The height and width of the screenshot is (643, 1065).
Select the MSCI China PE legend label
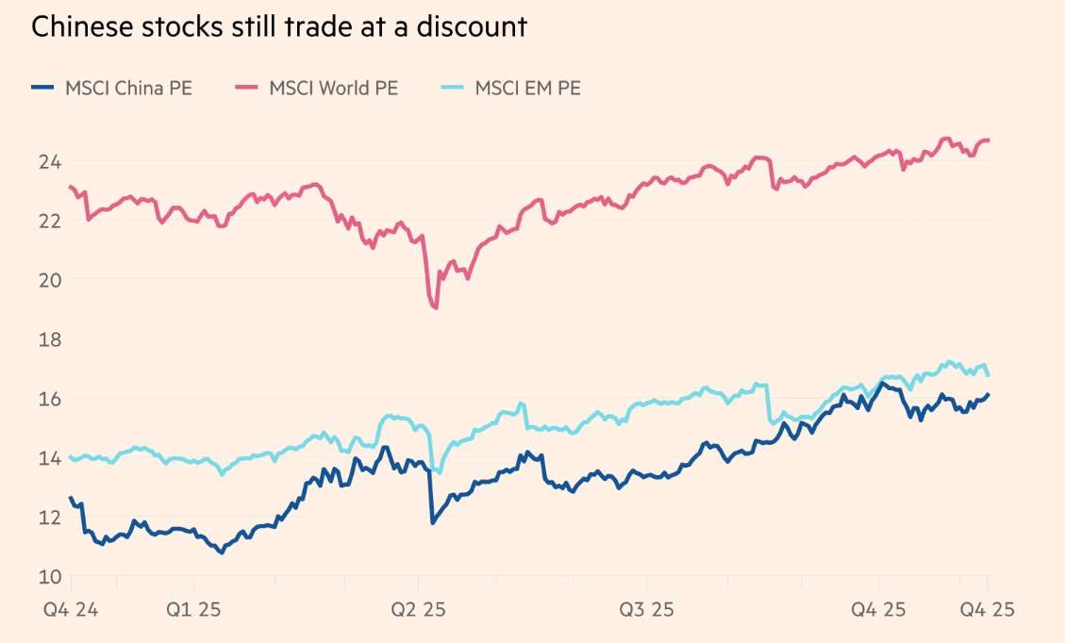tap(128, 89)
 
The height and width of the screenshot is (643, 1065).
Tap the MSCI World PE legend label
tap(333, 89)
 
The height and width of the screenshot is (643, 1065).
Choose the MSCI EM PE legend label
tap(527, 89)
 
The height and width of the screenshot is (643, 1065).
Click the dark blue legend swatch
tap(43, 89)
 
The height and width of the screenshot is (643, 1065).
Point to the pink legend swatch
tap(246, 89)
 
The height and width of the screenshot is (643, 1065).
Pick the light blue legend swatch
tap(453, 89)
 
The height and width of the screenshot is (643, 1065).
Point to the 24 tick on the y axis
tap(48, 162)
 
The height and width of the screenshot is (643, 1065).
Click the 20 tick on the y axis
tap(48, 280)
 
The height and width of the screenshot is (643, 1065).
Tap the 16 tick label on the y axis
tap(48, 399)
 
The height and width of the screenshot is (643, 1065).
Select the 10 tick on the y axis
tap(48, 576)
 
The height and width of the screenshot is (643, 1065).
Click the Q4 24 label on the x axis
tap(70, 610)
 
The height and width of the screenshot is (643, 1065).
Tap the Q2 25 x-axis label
tap(420, 610)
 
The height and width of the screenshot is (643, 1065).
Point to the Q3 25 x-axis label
tap(646, 610)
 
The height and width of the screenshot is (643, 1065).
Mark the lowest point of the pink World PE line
tap(436, 307)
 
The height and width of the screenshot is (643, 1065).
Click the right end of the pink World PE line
tap(988, 140)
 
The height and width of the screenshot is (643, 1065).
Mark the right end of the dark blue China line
tap(989, 394)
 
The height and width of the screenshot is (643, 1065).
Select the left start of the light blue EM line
tap(71, 457)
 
